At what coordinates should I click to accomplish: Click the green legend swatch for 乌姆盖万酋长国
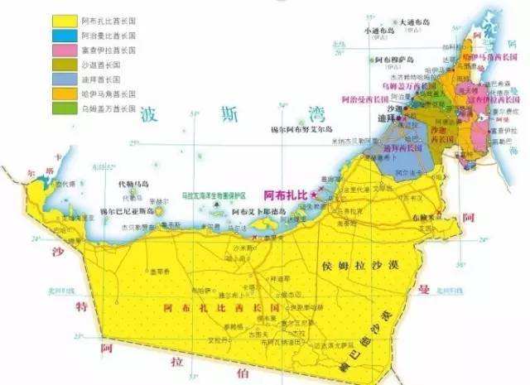tap(65, 108)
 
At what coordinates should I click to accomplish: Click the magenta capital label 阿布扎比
tap(284, 194)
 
